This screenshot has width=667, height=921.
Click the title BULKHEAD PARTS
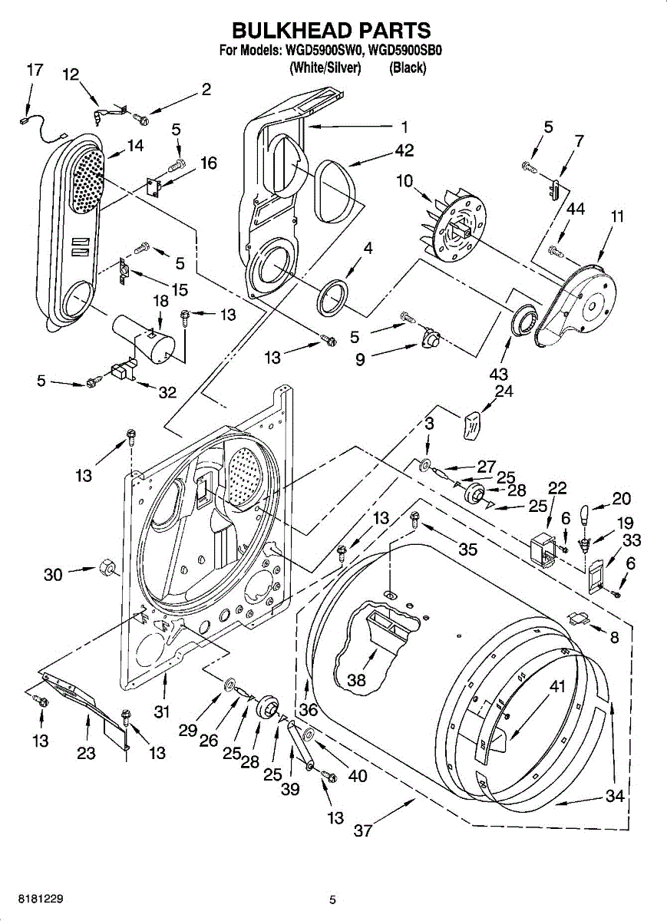pyautogui.click(x=332, y=31)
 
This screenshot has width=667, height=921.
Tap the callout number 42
pyautogui.click(x=404, y=150)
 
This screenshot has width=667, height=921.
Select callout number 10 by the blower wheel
pyautogui.click(x=404, y=180)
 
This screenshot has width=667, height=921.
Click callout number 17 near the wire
pyautogui.click(x=35, y=70)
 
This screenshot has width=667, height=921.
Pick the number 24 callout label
pyautogui.click(x=504, y=391)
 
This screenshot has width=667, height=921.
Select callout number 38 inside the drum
pyautogui.click(x=356, y=680)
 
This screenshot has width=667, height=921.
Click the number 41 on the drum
pyautogui.click(x=557, y=686)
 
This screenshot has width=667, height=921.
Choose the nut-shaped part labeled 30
pyautogui.click(x=107, y=569)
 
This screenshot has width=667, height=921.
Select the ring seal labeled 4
pyautogui.click(x=333, y=297)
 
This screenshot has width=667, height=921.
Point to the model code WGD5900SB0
pyautogui.click(x=405, y=51)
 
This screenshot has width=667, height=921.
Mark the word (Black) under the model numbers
pyautogui.click(x=408, y=68)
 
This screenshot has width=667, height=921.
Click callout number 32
pyautogui.click(x=167, y=393)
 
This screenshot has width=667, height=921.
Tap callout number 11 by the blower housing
pyautogui.click(x=617, y=216)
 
